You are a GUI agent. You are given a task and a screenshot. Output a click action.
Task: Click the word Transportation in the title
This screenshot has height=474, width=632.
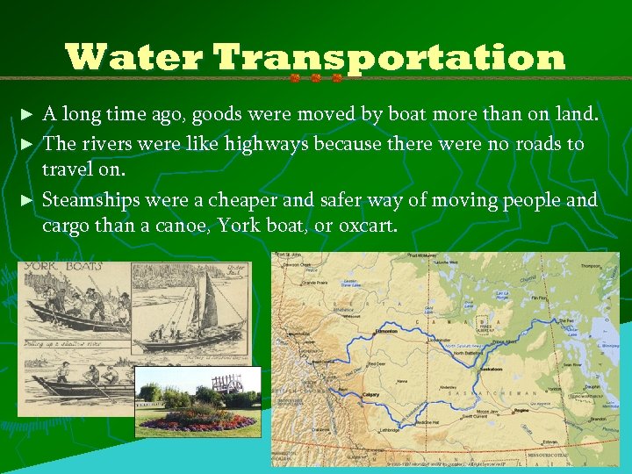coord(389,58)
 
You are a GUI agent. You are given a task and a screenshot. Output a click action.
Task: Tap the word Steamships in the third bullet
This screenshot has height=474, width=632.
coord(91,200)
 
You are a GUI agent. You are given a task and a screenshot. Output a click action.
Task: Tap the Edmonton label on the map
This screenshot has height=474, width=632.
coord(384,330)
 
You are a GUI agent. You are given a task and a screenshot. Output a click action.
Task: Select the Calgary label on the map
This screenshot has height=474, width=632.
coord(370,395)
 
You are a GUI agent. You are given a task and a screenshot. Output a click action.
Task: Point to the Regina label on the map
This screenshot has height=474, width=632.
coord(524,409)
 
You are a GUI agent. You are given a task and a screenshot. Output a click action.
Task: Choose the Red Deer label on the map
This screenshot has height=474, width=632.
coord(377,363)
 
